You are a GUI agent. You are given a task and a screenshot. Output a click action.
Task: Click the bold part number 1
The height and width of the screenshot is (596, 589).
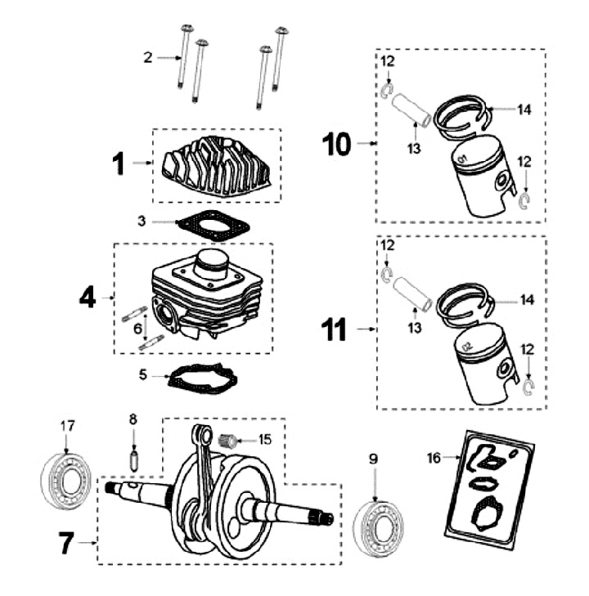[119, 164]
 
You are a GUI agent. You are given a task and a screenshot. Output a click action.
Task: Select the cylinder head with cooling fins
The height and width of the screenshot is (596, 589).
[216, 163]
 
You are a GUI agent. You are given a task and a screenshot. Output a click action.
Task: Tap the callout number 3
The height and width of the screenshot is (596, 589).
[142, 221]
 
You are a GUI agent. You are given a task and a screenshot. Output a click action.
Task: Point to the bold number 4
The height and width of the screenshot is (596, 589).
[88, 297]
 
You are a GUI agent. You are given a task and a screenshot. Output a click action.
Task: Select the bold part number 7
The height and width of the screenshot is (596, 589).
[69, 544]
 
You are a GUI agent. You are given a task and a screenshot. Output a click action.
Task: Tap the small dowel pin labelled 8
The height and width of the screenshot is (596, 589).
[133, 459]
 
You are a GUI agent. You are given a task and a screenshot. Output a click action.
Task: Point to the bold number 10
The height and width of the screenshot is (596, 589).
[336, 145]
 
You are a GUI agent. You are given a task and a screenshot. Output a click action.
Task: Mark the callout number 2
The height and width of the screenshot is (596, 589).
[147, 57]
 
